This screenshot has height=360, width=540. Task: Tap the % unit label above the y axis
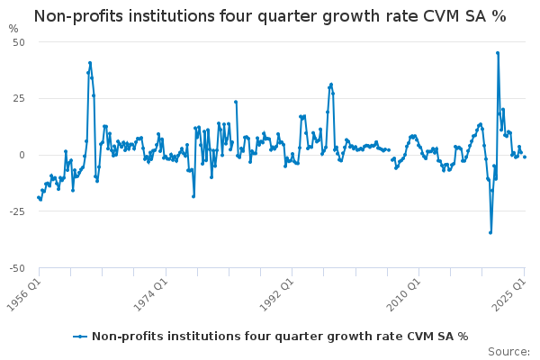coord(13,29)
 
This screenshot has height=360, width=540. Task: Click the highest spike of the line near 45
coord(497,52)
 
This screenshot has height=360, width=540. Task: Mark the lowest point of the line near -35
coord(490,232)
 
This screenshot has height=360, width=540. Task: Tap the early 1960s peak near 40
coord(90,63)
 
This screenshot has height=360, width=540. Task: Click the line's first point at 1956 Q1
coord(38,197)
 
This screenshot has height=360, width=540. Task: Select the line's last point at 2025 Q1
coord(525,157)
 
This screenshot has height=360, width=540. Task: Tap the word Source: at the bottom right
coord(508,351)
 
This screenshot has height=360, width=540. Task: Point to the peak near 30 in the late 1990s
coord(331,84)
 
